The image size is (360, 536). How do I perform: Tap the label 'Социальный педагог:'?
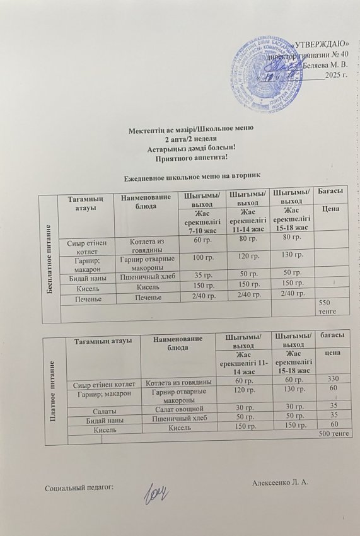pos(79,488)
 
